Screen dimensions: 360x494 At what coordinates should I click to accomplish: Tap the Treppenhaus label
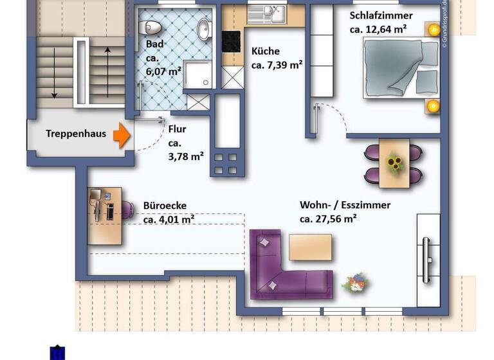(x=76, y=134)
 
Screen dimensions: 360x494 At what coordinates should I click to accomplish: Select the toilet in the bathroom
(x=152, y=27)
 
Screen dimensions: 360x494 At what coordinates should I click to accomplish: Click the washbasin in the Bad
(x=204, y=28)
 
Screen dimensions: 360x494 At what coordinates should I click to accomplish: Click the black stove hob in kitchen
(x=232, y=42)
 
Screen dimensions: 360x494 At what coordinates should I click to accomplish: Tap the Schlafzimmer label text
(x=381, y=15)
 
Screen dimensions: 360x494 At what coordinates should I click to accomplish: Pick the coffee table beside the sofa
(x=311, y=248)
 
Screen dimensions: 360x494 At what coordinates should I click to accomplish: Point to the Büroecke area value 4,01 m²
(x=169, y=219)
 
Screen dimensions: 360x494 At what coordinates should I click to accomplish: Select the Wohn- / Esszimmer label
(x=345, y=205)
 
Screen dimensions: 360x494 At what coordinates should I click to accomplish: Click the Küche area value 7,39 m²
(x=277, y=64)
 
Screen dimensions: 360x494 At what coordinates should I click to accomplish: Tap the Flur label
(x=177, y=128)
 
